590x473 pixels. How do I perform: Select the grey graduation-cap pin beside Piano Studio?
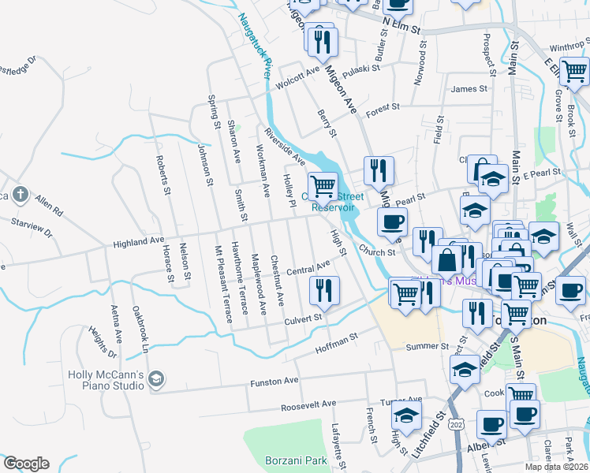[x=156, y=380]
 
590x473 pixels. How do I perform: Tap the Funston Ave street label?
[x=274, y=382]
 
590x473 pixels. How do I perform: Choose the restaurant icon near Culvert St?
[x=323, y=290]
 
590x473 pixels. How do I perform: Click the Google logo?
[x=26, y=464]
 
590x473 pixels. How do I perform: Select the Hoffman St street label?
[x=337, y=341]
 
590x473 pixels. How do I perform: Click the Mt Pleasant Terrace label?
[x=224, y=285]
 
